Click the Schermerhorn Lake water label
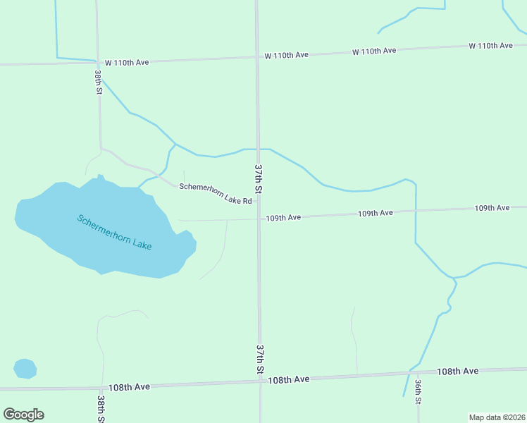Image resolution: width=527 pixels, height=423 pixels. tap(114, 231)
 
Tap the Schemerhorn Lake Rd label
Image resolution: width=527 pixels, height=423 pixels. tap(215, 194)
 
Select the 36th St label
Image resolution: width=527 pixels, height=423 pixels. tap(418, 392)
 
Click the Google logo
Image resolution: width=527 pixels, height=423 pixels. tap(24, 415)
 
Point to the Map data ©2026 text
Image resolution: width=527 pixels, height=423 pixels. tap(497, 417)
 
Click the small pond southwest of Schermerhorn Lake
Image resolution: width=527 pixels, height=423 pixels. tap(25, 368)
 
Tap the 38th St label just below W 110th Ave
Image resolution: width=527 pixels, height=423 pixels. tap(99, 82)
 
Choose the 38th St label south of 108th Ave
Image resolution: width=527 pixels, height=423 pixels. tap(102, 409)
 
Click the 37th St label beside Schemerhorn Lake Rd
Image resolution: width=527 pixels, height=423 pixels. tap(259, 180)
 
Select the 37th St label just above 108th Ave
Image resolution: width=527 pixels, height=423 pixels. tap(260, 360)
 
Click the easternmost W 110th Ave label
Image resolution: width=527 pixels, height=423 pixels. tap(490, 46)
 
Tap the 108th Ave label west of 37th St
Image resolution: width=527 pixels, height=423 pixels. tap(129, 387)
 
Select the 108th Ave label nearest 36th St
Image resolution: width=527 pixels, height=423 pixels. tap(457, 371)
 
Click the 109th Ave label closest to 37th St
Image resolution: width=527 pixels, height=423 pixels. tap(283, 218)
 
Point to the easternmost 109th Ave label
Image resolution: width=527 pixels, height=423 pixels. tap(491, 208)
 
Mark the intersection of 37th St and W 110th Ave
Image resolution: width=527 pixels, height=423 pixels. tap(257, 56)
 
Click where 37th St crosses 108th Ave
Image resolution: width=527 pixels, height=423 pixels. tap(260, 381)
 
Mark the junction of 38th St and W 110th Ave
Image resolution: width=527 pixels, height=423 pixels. tap(97, 62)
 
